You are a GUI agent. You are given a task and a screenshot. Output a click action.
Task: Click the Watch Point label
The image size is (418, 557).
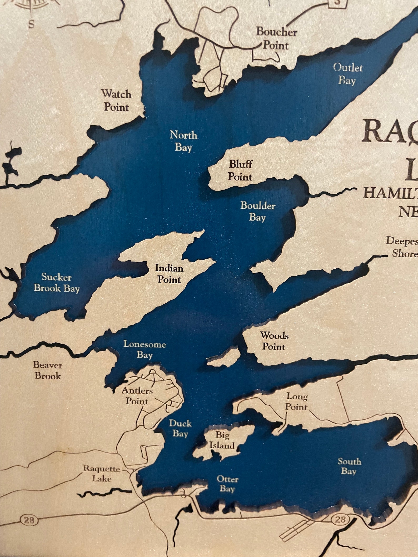116,101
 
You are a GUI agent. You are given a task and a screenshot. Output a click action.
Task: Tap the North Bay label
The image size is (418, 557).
183,141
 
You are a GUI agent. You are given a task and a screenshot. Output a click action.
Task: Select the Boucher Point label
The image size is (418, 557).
276,39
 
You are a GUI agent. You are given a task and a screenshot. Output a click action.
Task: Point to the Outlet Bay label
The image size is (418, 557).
348,74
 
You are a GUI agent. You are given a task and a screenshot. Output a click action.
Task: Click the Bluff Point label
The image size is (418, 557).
240,170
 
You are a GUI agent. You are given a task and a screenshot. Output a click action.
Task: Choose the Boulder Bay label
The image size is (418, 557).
258,211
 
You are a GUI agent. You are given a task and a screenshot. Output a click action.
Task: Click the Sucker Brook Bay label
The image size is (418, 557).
57,283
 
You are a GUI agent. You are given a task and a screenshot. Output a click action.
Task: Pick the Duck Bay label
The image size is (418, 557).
180,428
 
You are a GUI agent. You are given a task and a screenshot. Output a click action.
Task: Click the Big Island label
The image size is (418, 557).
223,440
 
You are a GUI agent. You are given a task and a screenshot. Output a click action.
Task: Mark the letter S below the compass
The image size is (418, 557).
31,24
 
